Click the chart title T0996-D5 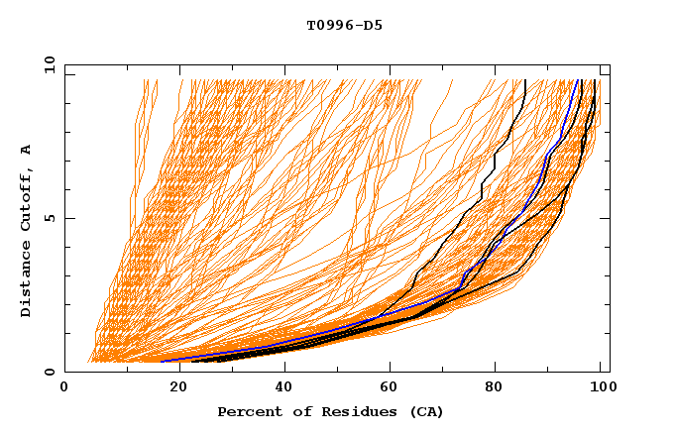click(x=344, y=25)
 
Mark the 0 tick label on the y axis click(x=49, y=372)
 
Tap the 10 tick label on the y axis click(x=45, y=64)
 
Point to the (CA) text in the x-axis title click(x=427, y=411)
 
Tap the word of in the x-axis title click(x=294, y=411)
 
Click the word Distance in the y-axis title click(x=26, y=279)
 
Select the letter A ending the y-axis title click(x=26, y=150)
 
